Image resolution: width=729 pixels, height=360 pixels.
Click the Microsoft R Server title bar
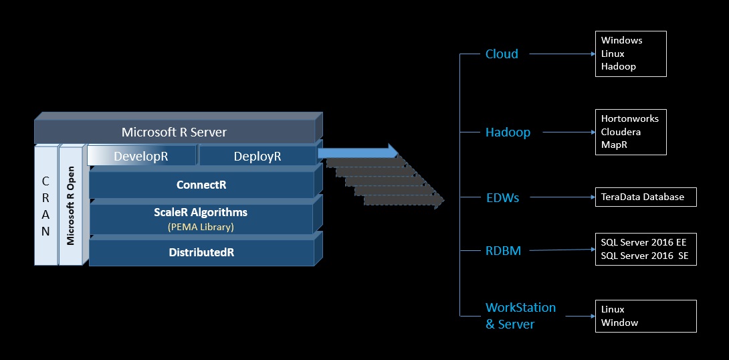point(174,132)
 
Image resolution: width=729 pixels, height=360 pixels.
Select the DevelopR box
point(141,156)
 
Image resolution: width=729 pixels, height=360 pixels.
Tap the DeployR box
point(257,156)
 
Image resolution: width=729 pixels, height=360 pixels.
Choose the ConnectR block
point(201,185)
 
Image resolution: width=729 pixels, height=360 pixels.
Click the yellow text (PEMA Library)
point(201,226)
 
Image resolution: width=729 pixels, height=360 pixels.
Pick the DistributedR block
point(201,253)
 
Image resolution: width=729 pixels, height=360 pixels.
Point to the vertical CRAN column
point(45,205)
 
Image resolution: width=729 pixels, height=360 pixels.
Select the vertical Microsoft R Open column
point(70,205)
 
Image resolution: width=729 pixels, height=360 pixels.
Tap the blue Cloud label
point(502,54)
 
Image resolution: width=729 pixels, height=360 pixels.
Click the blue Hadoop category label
point(508,132)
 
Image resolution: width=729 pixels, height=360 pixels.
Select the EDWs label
point(502,197)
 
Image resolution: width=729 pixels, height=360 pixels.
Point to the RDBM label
point(503,251)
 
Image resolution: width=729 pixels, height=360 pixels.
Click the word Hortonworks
point(629,118)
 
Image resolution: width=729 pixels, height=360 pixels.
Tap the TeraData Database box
point(645,197)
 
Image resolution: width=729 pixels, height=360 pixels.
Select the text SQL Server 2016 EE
point(643,242)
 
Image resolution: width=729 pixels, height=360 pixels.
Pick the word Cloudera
point(621,132)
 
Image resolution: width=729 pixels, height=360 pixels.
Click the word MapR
point(614,145)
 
